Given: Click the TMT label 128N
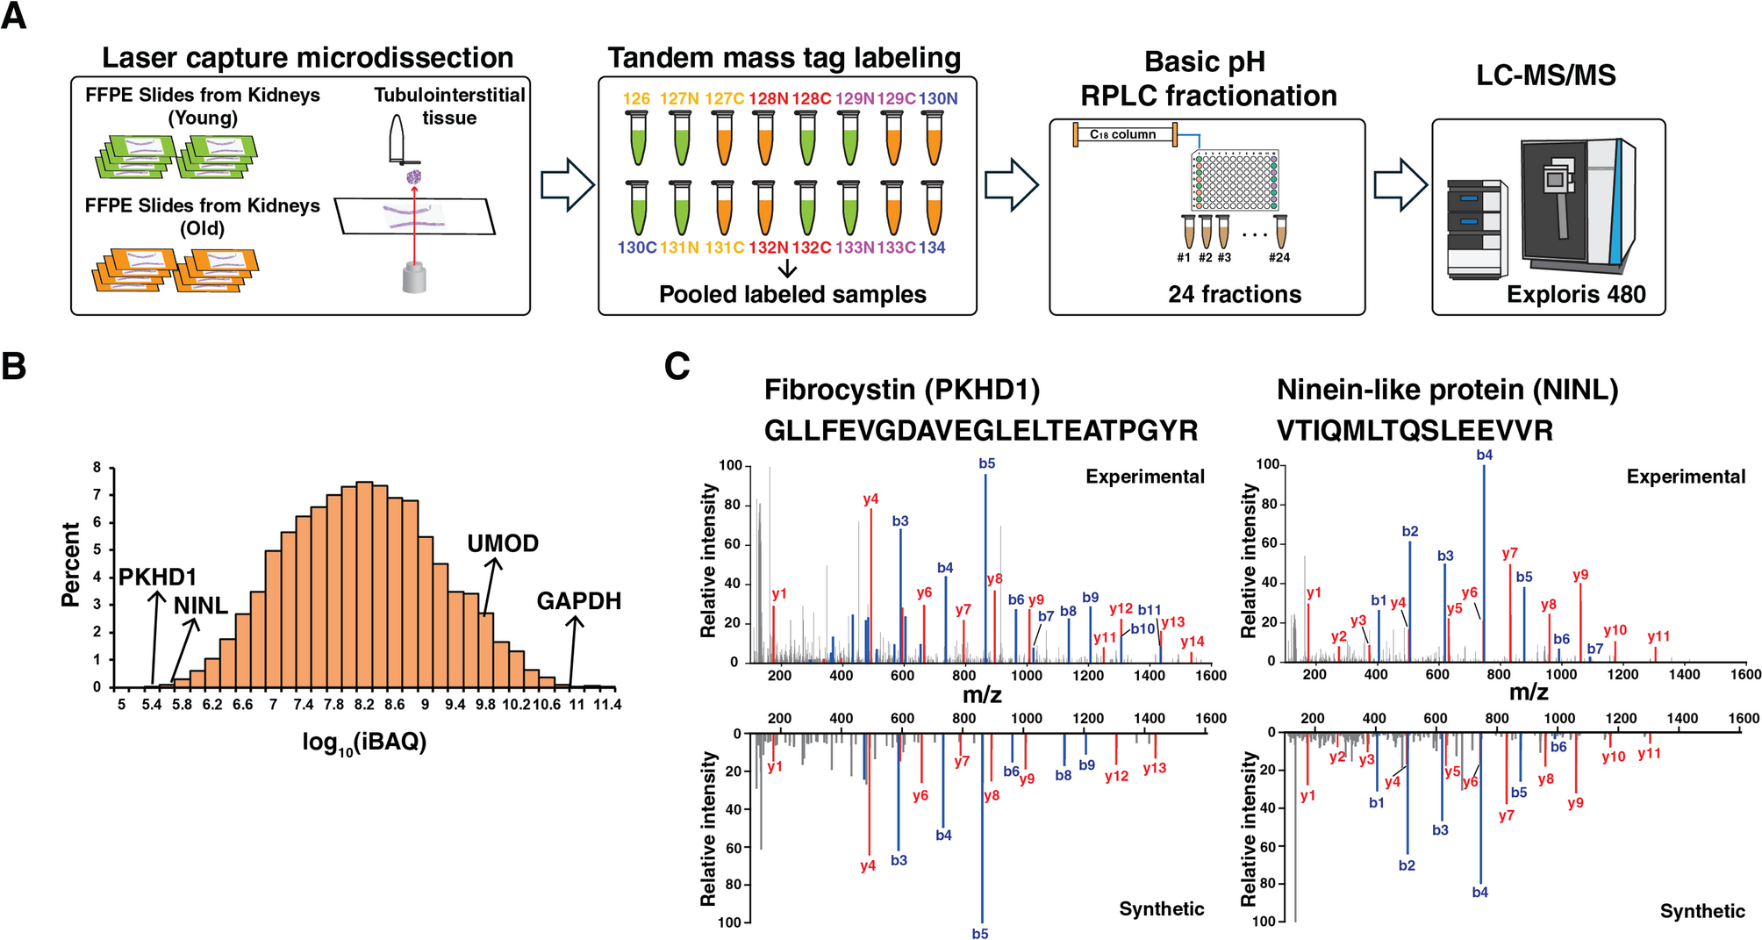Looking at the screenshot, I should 768,98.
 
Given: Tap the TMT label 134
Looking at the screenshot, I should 932,248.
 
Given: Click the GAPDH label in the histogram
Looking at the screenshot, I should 578,601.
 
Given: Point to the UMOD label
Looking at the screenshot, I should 502,543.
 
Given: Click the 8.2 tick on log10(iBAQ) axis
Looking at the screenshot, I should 364,705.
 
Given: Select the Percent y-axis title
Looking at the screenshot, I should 70,563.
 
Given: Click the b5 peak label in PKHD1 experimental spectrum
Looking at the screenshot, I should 986,463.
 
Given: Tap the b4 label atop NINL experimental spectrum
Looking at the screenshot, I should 1484,455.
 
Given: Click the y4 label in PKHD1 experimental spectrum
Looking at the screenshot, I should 870,499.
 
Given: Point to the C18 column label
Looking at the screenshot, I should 1122,134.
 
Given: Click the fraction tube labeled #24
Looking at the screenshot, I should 1280,233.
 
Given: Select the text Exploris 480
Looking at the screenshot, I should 1575,294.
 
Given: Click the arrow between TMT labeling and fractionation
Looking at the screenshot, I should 1011,184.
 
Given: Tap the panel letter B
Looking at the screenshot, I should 14,366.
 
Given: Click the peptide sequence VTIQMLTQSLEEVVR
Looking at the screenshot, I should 1414,431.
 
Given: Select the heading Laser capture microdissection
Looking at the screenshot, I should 307,58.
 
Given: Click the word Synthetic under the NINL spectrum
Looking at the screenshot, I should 1701,911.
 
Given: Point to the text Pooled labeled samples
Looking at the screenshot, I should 791,294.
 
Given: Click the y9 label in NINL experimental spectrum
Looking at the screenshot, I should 1579,575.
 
